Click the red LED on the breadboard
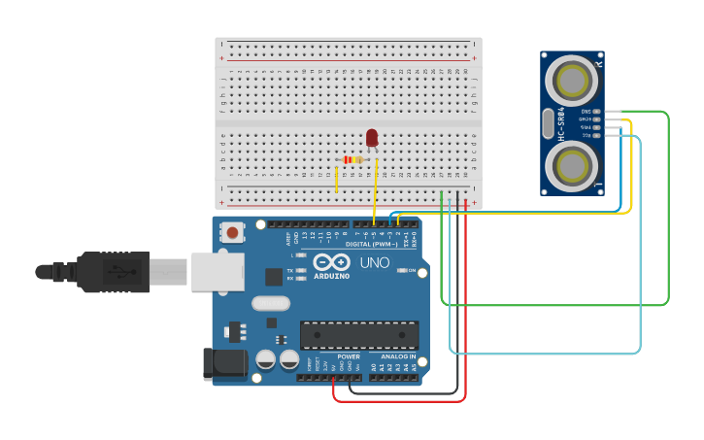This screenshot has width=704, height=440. point(372,138)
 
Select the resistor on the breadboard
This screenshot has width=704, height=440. point(352,159)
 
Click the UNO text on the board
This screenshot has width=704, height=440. point(375,262)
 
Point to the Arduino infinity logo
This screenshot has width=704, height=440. point(331,261)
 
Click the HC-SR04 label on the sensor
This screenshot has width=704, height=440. point(561,124)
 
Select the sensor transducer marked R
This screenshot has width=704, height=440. point(572,79)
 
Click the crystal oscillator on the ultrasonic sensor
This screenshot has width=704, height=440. point(549,123)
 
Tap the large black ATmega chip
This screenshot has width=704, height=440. point(358,335)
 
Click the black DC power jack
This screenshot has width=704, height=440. point(221,363)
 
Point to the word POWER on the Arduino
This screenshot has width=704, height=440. point(349,356)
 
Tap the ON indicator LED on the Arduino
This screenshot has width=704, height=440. point(402,270)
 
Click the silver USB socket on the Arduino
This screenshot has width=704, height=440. point(217,272)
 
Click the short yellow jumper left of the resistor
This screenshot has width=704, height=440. point(337,179)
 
